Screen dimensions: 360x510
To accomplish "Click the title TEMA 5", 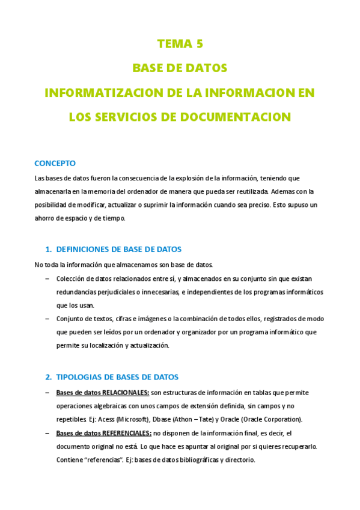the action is click(x=180, y=43).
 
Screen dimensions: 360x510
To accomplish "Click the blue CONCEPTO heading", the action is click(x=55, y=163).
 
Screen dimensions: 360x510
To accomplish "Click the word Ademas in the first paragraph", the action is click(x=284, y=192).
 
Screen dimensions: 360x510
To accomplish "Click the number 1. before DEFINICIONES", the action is click(x=48, y=249).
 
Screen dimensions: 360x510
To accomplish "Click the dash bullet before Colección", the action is click(x=47, y=278).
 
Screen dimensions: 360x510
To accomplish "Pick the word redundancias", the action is click(x=78, y=292).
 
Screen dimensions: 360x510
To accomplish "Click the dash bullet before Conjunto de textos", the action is click(x=47, y=319).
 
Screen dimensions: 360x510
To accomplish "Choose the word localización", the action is click(x=109, y=345).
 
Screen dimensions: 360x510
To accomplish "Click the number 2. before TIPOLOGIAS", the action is click(x=48, y=377).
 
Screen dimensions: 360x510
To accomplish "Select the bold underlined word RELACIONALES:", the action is click(x=126, y=393).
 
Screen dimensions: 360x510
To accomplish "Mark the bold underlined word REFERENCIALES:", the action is click(x=127, y=433).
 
